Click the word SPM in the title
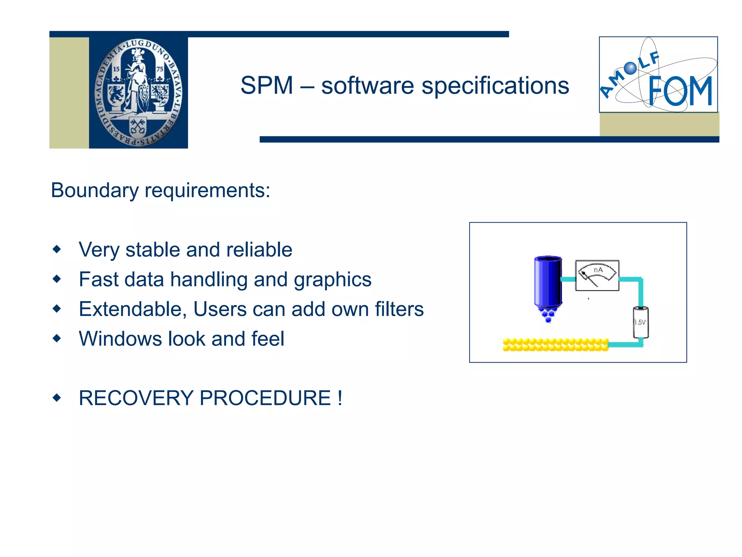(267, 86)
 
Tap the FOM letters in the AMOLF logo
(680, 91)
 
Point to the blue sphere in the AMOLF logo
(630, 68)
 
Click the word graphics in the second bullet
(332, 280)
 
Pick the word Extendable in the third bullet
(133, 309)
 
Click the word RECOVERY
(136, 398)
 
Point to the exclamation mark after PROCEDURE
(339, 398)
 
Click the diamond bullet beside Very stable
(57, 249)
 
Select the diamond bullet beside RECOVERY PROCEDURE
(57, 398)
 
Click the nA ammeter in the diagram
(597, 276)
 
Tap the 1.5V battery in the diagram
(641, 322)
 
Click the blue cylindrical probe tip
(548, 283)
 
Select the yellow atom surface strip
(555, 344)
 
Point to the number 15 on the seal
(116, 69)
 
